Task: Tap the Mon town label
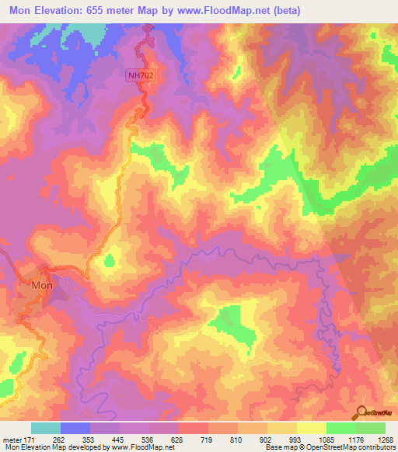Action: tap(42, 286)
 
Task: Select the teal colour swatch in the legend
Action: tap(46, 427)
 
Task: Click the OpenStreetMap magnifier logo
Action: tap(361, 411)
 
